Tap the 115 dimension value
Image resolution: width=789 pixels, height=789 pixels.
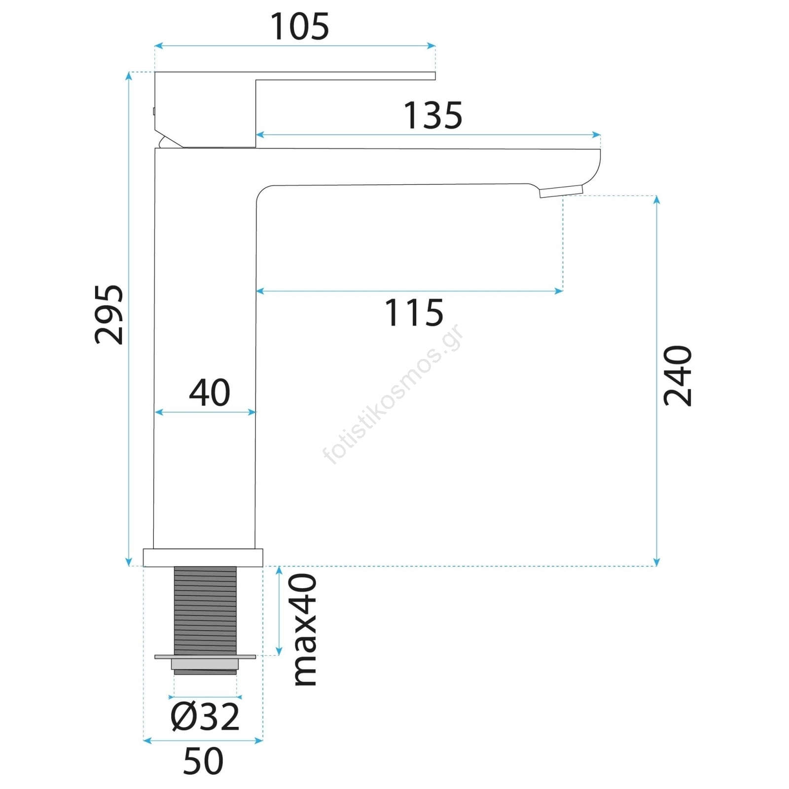[414, 313]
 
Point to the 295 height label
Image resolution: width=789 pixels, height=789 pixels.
[108, 314]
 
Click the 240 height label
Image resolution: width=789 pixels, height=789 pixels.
[678, 376]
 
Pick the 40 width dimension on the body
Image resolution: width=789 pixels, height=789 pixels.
[210, 393]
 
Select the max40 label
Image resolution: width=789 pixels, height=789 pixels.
[304, 630]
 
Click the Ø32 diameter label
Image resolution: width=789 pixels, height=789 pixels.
[205, 717]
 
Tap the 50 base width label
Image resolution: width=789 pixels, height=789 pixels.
[203, 761]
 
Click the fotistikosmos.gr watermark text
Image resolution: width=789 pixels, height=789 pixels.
[393, 394]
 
